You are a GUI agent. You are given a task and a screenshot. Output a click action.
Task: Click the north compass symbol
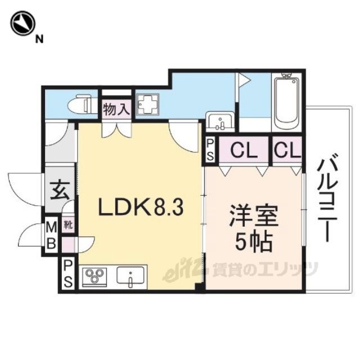pyautogui.click(x=22, y=24)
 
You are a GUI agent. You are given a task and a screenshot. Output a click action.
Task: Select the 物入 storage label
pyautogui.click(x=116, y=110)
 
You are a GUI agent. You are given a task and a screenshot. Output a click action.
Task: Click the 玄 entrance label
pyautogui.click(x=59, y=189)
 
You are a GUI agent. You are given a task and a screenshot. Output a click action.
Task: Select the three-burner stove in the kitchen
pyautogui.click(x=94, y=276)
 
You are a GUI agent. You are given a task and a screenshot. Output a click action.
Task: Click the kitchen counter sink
pyautogui.click(x=132, y=276)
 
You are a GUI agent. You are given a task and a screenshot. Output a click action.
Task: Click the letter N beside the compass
pyautogui.click(x=39, y=39)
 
